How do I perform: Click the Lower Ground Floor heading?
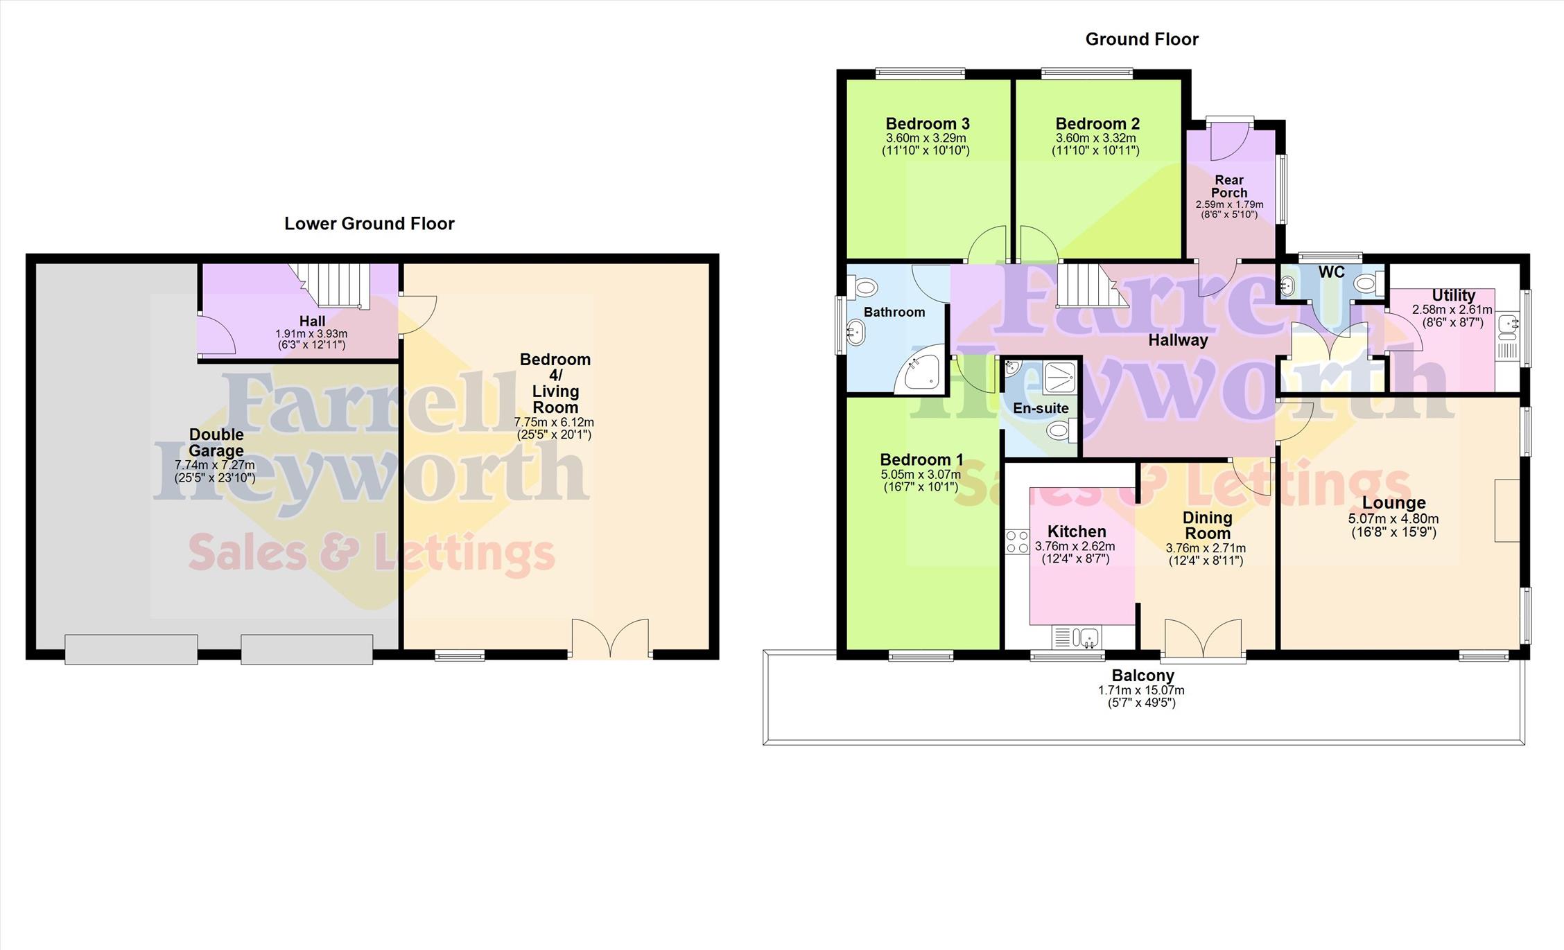tap(370, 223)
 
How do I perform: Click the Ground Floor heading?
tap(1142, 39)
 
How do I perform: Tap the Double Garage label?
tap(216, 442)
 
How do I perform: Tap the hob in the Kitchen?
tap(1017, 541)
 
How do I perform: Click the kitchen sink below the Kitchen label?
tap(1077, 636)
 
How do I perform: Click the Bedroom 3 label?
tap(928, 124)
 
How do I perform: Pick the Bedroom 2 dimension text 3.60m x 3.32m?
tap(1095, 138)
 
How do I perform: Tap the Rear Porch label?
tap(1229, 186)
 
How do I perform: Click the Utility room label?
tap(1454, 295)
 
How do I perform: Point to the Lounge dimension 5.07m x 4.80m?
tap(1393, 519)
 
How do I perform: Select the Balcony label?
tap(1143, 675)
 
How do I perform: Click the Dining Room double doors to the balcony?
tap(1204, 638)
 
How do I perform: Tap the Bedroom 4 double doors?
tap(611, 638)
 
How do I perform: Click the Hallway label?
tap(1178, 340)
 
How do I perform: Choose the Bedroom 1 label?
tap(921, 459)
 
